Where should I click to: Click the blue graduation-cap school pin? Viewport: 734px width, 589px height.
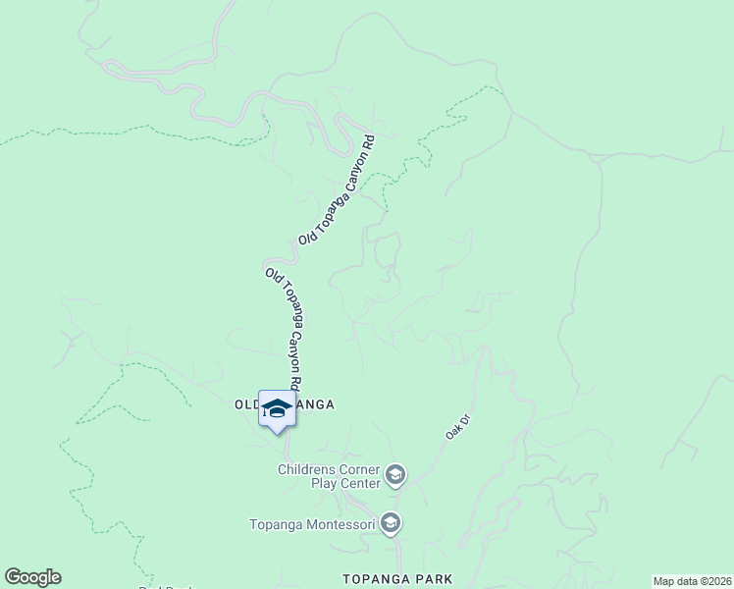point(277,408)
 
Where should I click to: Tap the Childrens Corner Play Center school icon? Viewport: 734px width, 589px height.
point(395,476)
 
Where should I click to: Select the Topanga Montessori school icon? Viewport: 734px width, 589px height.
point(391,524)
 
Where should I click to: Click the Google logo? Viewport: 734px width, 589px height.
point(32,577)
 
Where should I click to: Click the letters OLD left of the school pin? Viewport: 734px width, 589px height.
point(245,404)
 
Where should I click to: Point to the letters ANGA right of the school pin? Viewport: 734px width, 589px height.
point(315,404)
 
